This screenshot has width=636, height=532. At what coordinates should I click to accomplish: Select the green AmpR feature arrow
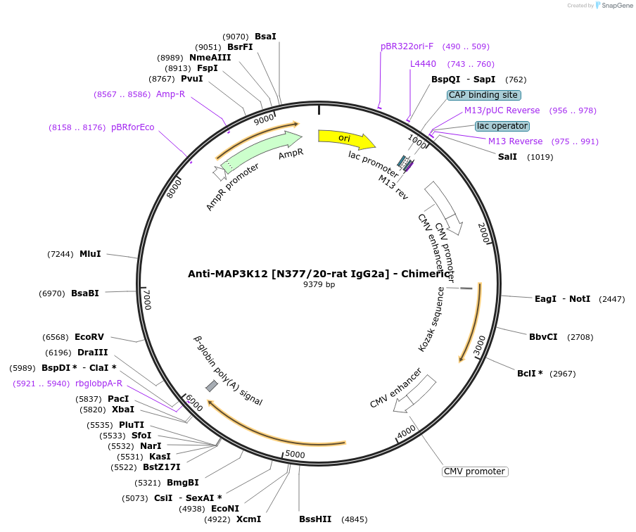[260, 151]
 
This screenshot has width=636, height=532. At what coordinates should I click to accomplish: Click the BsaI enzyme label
[265, 36]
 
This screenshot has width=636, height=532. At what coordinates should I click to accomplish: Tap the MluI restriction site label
[90, 254]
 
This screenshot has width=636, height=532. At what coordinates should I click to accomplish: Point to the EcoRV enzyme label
[89, 337]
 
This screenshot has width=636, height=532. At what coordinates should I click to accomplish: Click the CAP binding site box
[483, 95]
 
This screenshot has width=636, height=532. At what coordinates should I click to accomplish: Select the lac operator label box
[502, 126]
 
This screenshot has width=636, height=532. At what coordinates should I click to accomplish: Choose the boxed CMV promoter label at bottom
[475, 471]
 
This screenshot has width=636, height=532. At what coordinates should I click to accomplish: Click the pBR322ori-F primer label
[407, 46]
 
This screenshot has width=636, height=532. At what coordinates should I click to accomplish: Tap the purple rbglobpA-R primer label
[98, 384]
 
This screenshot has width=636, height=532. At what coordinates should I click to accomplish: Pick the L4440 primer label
[423, 64]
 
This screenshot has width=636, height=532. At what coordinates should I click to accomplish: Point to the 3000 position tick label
[479, 345]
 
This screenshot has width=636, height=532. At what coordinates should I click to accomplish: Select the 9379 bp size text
[319, 285]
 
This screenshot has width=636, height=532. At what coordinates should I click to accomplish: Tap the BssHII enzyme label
[315, 519]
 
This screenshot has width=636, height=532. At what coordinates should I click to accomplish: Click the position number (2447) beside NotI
[611, 299]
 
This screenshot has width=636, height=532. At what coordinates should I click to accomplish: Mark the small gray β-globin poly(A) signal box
[211, 386]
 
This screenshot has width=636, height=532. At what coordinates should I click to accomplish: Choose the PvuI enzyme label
[191, 79]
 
